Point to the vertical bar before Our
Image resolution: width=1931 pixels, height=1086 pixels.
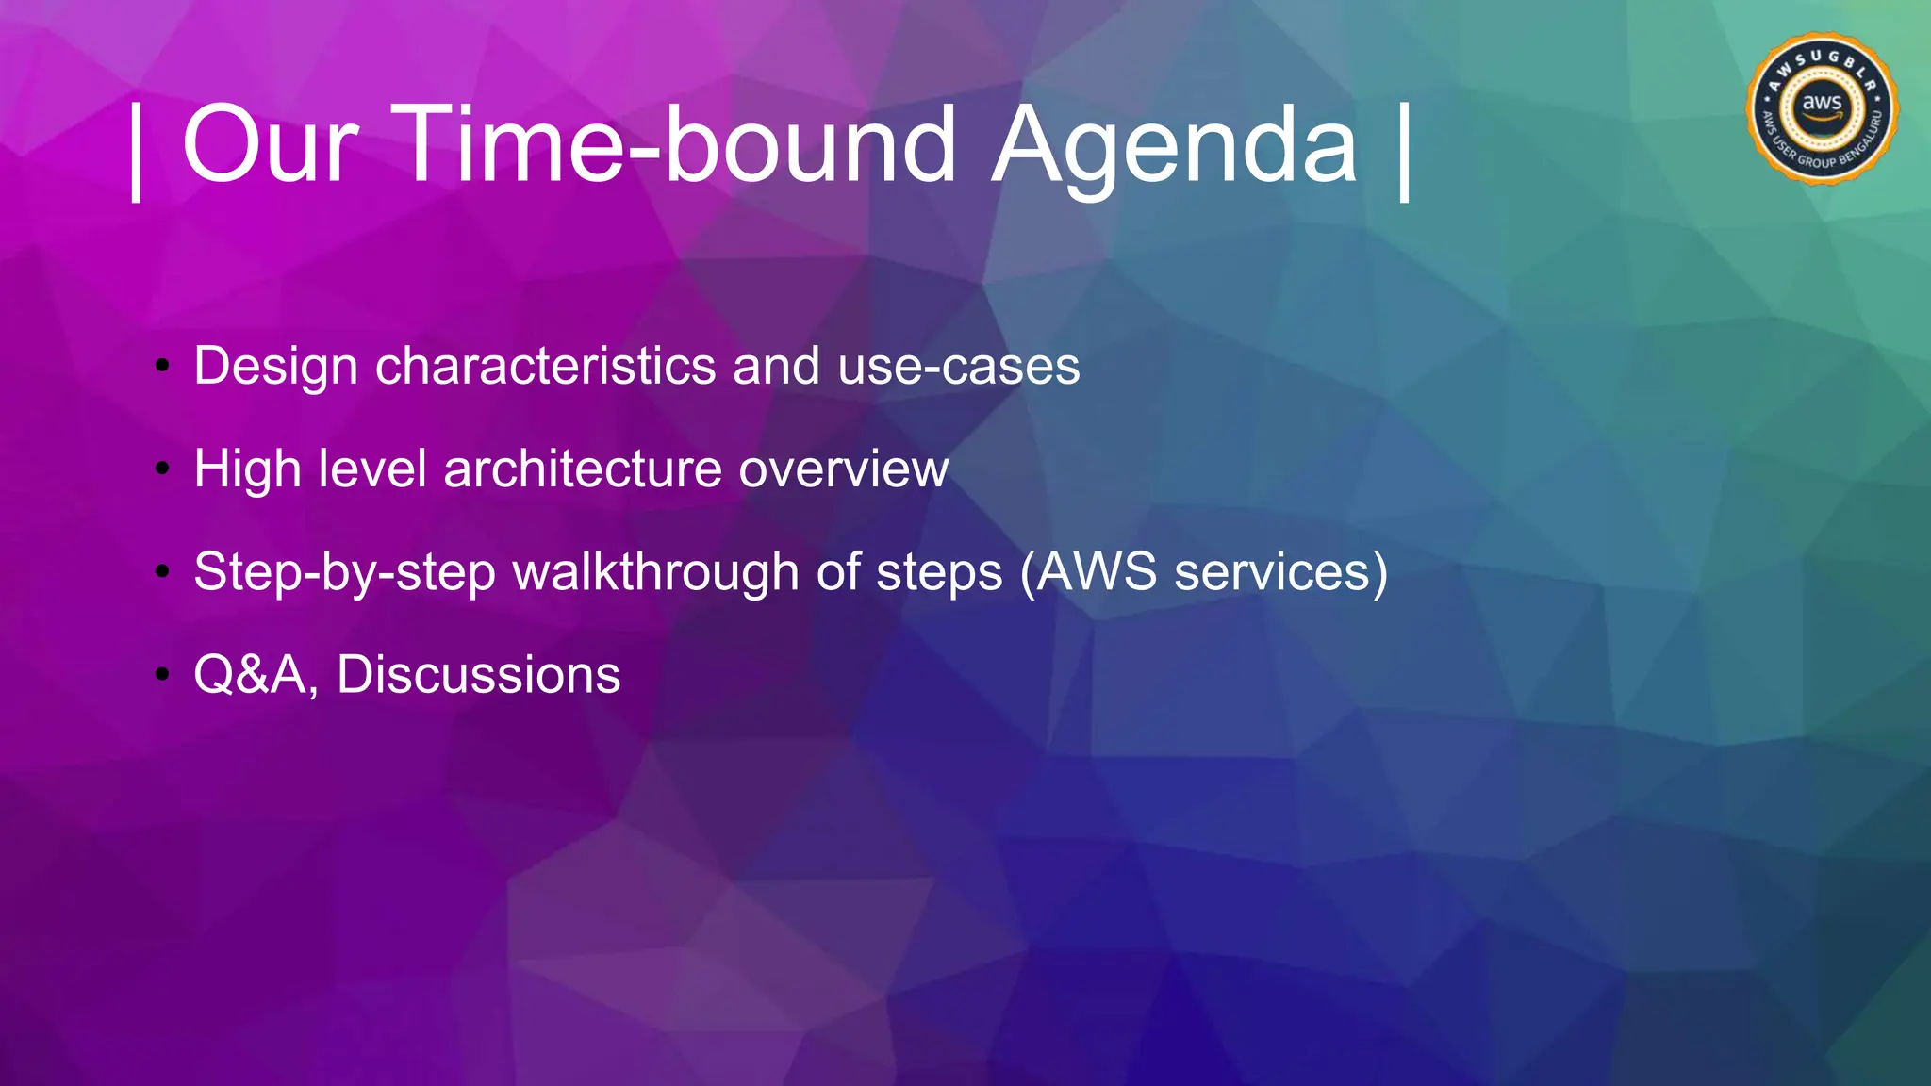point(137,151)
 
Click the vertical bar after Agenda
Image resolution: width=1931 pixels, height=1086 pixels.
point(1404,151)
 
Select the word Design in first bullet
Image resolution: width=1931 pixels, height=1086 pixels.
point(275,367)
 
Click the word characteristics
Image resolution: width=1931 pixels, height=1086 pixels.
point(545,366)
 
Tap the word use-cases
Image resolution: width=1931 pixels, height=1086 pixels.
point(958,366)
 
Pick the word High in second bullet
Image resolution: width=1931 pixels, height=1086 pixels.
point(247,469)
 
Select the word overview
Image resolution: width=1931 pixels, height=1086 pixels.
point(843,469)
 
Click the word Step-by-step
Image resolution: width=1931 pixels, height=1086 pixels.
point(344,572)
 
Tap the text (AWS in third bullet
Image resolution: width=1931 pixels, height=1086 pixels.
point(1088,572)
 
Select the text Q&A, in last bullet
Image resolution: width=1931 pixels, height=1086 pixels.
point(256,676)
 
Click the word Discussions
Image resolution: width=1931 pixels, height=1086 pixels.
point(478,675)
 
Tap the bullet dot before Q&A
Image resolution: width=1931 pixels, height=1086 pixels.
point(163,674)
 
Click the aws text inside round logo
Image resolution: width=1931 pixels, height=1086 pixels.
point(1822,102)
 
